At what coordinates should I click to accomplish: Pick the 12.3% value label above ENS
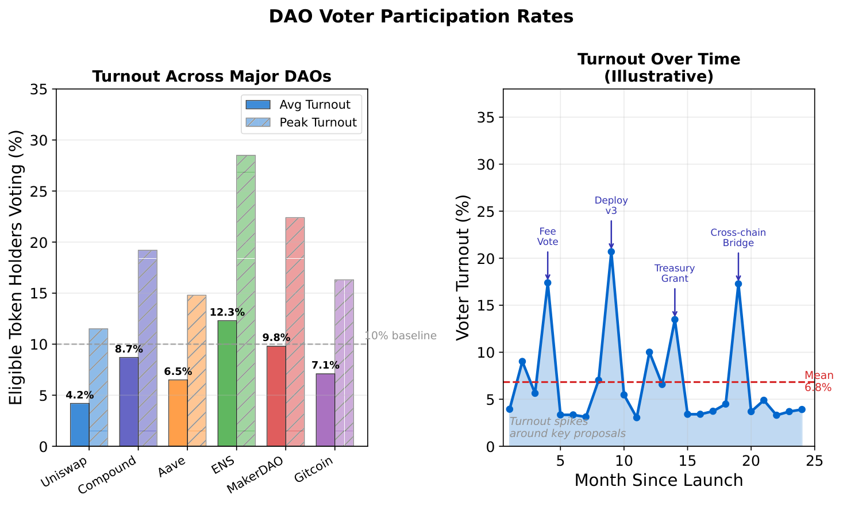pos(227,313)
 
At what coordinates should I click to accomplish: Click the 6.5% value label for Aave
pos(178,371)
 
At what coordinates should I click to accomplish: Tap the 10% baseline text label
pos(401,336)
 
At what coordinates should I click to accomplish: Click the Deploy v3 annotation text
pos(611,205)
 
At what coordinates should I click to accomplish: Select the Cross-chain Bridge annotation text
pos(738,237)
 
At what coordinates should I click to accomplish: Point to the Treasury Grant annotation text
pos(675,273)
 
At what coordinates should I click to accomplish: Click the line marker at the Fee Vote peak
pos(548,282)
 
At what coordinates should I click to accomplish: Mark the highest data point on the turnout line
pos(611,251)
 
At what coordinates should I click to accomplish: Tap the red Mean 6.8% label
pos(818,381)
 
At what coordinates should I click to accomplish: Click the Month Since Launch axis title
pos(659,480)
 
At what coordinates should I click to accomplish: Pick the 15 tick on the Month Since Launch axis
pos(687,461)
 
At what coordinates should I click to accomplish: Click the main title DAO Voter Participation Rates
pos(421,17)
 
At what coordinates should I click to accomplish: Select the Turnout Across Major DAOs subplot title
pos(211,76)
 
